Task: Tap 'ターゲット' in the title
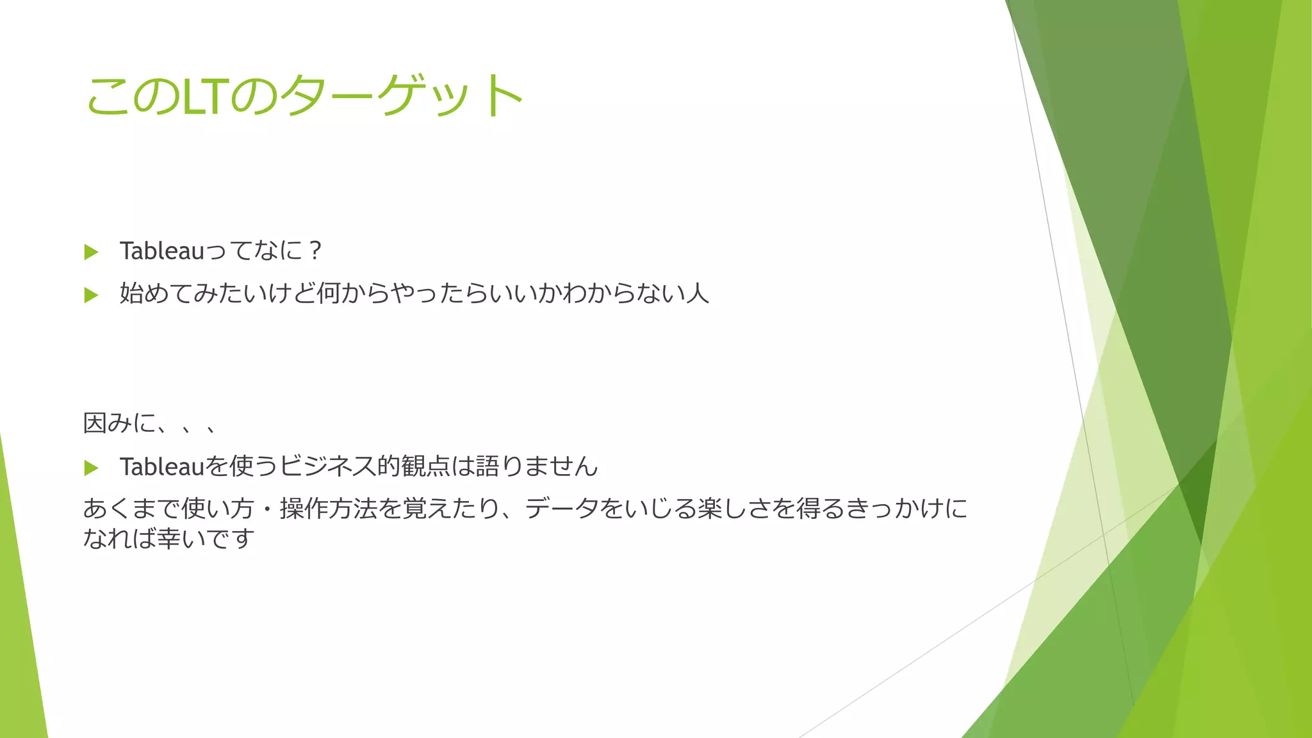tap(402, 96)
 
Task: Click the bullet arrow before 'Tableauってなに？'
tap(91, 252)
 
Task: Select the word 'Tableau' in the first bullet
tap(161, 250)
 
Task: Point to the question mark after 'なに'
tap(314, 250)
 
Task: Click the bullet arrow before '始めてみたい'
tap(91, 295)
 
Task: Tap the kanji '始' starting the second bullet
tap(131, 293)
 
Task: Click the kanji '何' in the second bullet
tap(328, 293)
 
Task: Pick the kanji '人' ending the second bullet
tap(697, 293)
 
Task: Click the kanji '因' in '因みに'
tap(95, 423)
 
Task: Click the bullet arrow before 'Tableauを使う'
tap(91, 468)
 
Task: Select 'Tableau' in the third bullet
tap(161, 466)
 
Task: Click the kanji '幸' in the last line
tap(168, 538)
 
